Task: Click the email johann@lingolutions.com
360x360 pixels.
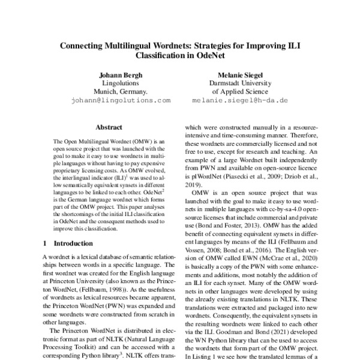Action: click(121, 101)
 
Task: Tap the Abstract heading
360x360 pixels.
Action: click(109, 128)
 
